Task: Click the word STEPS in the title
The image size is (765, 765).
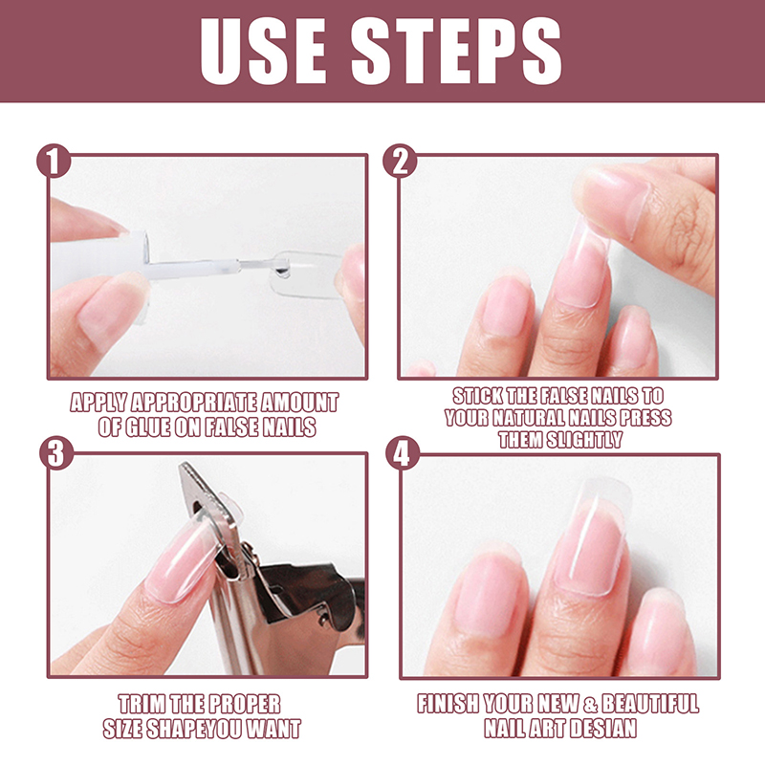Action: [456, 52]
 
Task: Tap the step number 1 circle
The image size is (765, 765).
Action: [54, 161]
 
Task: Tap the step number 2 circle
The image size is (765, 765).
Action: [400, 161]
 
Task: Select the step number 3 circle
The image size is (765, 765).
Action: [56, 452]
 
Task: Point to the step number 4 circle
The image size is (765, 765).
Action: [402, 452]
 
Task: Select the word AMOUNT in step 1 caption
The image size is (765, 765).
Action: [299, 403]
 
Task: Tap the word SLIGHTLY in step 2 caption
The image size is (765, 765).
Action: [584, 440]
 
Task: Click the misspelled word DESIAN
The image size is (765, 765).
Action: [603, 729]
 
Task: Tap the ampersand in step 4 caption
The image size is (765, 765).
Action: [590, 704]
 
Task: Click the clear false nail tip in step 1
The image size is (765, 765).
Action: [306, 273]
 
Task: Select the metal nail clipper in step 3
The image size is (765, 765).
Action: [270, 576]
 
